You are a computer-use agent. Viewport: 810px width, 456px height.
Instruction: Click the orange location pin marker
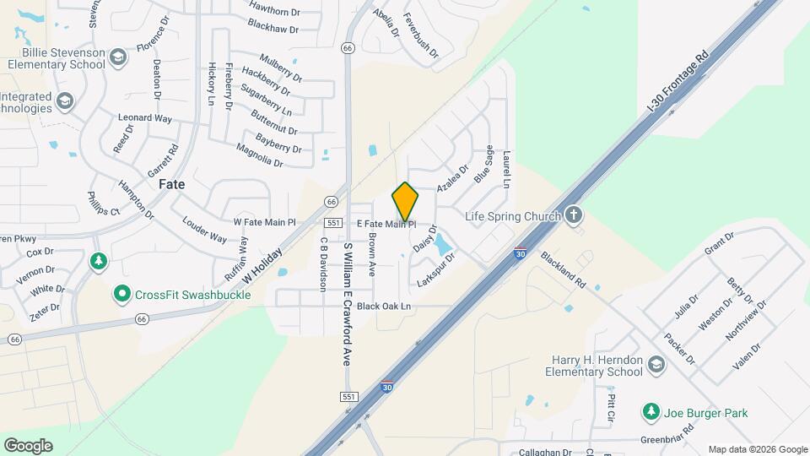(x=405, y=202)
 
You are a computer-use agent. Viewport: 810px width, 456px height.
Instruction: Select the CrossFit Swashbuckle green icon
(x=122, y=294)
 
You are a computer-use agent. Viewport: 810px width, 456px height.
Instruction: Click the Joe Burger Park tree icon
(x=651, y=412)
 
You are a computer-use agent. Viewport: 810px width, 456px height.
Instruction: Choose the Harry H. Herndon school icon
(x=656, y=365)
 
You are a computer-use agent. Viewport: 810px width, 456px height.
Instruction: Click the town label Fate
(x=171, y=183)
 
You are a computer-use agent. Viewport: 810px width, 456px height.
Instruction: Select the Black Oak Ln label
(x=383, y=306)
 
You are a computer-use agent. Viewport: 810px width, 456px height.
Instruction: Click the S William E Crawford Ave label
(x=347, y=304)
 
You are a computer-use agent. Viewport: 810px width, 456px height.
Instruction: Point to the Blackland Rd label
(x=563, y=270)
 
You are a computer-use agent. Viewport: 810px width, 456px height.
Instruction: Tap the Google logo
(x=28, y=445)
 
